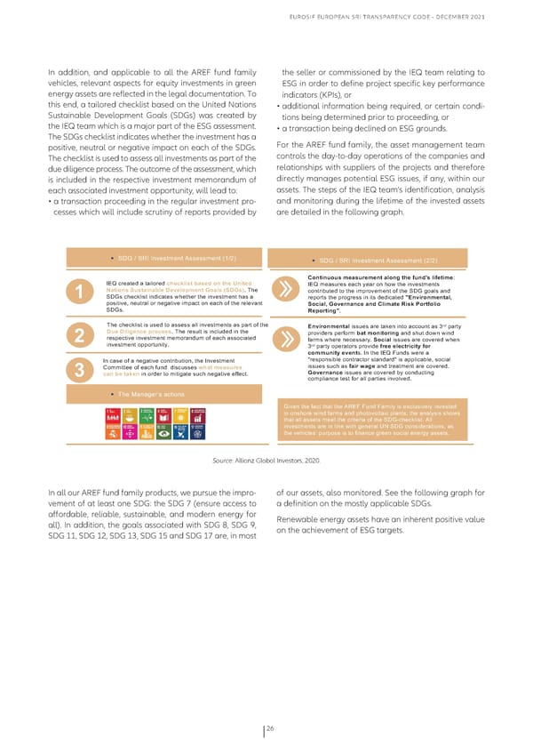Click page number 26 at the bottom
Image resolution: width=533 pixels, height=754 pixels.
point(268,726)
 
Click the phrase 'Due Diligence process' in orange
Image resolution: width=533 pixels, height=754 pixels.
point(138,330)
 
